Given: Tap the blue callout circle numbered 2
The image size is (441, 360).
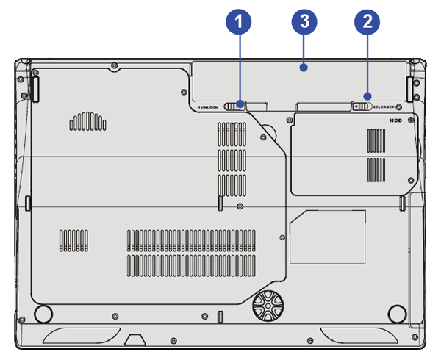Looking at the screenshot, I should click(367, 22).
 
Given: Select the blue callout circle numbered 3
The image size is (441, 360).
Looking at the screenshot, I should click(303, 22).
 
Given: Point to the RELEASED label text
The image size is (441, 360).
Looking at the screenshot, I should click(387, 107).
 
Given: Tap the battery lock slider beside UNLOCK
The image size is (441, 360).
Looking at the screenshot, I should click(234, 106).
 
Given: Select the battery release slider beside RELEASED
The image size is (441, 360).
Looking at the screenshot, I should click(362, 106).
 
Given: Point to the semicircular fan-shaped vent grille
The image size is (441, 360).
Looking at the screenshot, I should click(88, 122).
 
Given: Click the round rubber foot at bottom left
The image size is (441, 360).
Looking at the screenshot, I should click(42, 313).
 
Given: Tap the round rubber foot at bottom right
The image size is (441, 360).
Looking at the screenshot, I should click(396, 313).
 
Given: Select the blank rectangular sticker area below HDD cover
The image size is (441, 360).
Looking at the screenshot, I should click(327, 237).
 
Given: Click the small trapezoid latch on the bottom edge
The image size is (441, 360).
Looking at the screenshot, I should click(133, 339).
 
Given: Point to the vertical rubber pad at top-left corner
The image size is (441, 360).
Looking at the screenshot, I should click(35, 87).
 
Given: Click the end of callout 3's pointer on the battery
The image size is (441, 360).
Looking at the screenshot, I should click(303, 68).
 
